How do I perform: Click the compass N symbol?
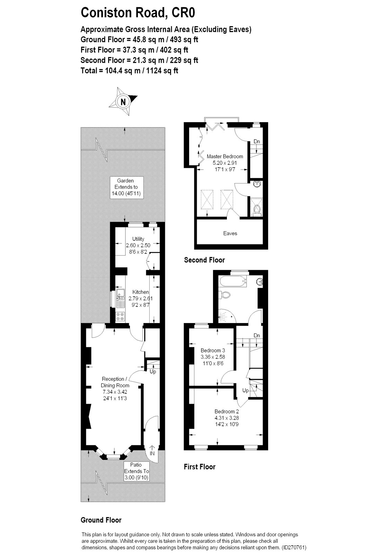click(123, 101)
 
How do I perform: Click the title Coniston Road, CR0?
click(138, 13)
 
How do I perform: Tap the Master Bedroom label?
click(224, 157)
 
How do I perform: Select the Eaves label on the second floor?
click(230, 233)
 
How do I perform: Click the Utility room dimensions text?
click(138, 245)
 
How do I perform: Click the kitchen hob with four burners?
click(121, 316)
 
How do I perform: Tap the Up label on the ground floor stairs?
click(153, 372)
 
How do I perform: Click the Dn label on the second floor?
click(257, 141)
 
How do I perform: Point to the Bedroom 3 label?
click(213, 350)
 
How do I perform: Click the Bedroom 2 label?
click(226, 411)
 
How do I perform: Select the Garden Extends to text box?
click(125, 187)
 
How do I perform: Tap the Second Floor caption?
click(204, 260)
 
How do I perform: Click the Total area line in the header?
click(129, 71)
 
